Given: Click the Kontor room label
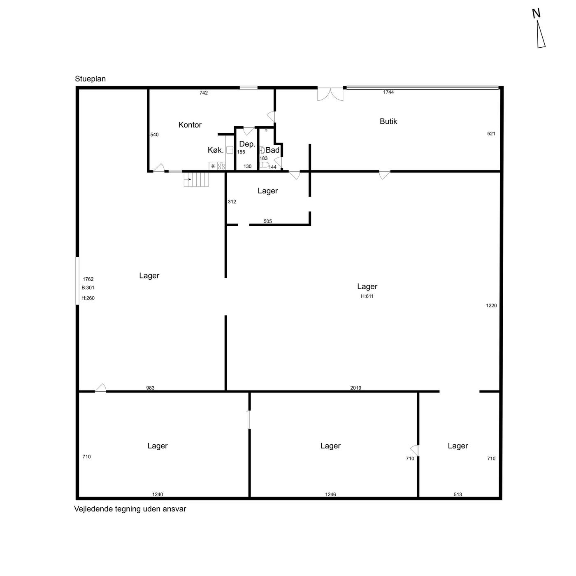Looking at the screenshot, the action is pos(190,125).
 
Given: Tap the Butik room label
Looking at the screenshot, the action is pos(388,121).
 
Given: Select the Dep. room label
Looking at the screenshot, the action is pos(247,144).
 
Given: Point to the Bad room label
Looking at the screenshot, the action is pos(272,150).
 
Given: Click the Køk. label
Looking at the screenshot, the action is pos(216,150).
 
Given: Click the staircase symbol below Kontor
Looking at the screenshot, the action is pos(196,179).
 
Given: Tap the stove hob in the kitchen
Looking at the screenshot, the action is pos(221,166).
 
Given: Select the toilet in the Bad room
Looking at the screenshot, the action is pos(264,165).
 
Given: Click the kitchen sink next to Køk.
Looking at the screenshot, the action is pos(230,150).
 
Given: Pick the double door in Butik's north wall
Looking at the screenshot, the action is pos(330,94).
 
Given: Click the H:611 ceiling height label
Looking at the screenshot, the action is pos(367,296).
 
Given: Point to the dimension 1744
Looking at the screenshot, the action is pos(388,92).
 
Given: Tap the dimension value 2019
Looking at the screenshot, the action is pos(356,388).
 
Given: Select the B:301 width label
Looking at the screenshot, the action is pos(88,288).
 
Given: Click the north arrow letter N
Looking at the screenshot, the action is pos(536,14).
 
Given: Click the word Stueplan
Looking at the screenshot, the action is pos(90,79).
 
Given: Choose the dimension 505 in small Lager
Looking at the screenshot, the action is pos(268,221).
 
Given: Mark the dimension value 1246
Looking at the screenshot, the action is pos(331,495).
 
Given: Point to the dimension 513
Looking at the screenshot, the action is pos(458,495).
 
